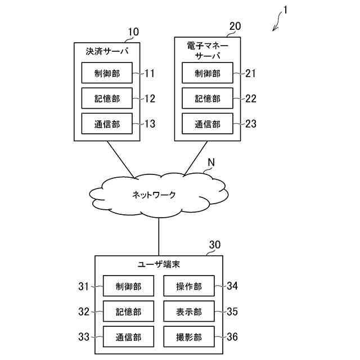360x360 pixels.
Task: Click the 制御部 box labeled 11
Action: [107, 73]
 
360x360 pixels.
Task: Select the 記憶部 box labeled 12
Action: [107, 98]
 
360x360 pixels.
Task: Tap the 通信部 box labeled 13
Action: [107, 124]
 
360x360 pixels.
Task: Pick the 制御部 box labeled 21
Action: [208, 73]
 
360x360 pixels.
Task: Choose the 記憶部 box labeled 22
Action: [208, 98]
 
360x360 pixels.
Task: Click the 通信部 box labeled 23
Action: [208, 124]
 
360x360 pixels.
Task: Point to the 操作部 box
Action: [188, 286]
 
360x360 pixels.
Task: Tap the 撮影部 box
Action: [188, 337]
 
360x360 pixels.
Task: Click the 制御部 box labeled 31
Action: [129, 286]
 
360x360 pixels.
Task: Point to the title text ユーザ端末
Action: [159, 264]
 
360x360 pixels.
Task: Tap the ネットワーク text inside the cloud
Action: [154, 195]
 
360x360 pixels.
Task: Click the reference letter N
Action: [211, 163]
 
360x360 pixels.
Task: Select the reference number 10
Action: [133, 31]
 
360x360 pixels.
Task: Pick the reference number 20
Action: [235, 26]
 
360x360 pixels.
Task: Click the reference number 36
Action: [232, 337]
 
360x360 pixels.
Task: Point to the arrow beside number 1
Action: [277, 25]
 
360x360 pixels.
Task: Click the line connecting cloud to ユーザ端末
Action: [159, 236]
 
